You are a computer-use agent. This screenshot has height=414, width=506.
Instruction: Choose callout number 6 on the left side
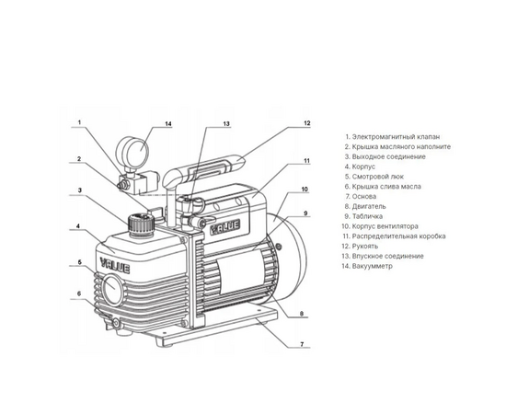coord(79,294)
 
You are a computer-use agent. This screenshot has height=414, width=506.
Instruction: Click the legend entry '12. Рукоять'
coord(364,247)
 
